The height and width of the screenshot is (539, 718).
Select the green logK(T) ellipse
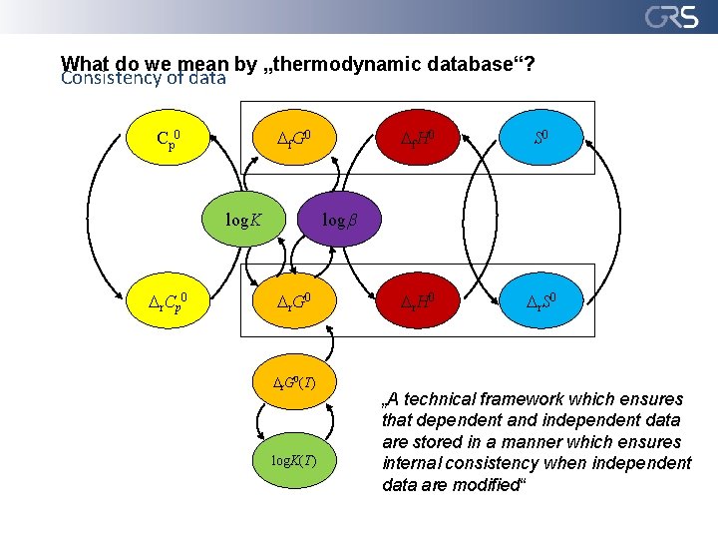[x=296, y=461]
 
